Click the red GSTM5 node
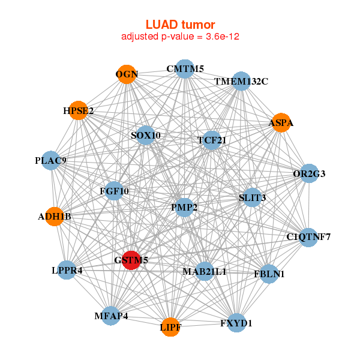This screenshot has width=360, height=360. tap(131, 260)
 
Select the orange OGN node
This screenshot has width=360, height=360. tap(127, 74)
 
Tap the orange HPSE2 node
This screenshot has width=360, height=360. tap(78, 110)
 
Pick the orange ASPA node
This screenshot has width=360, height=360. tap(281, 123)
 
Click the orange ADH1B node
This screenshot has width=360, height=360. tap(55, 216)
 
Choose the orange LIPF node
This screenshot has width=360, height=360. tap(170, 327)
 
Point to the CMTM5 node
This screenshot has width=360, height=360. tap(185, 69)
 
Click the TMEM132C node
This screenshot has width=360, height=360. tap(241, 81)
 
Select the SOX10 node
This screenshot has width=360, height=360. tap(145, 135)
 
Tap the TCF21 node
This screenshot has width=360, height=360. tap(211, 140)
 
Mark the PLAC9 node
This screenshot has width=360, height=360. tap(51, 160)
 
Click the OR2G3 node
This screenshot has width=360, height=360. tap(309, 174)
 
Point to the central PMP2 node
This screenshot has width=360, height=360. tap(184, 208)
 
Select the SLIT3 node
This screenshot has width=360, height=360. tap(252, 197)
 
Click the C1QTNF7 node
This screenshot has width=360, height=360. tap(308, 237)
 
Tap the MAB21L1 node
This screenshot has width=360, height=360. tap(205, 271)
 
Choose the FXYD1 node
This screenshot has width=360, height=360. tap(236, 323)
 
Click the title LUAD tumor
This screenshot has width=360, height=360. tap(180, 25)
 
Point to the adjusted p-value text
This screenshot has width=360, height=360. tap(180, 37)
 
